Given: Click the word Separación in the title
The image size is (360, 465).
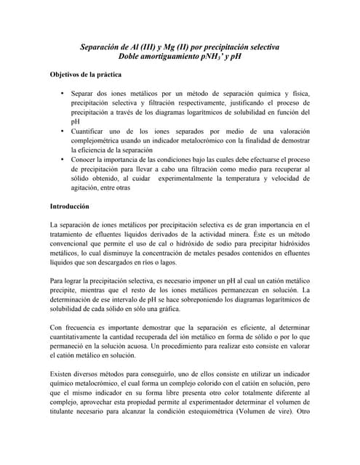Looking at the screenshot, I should [x=103, y=46].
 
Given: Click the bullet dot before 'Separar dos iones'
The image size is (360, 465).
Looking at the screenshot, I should [x=63, y=94].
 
